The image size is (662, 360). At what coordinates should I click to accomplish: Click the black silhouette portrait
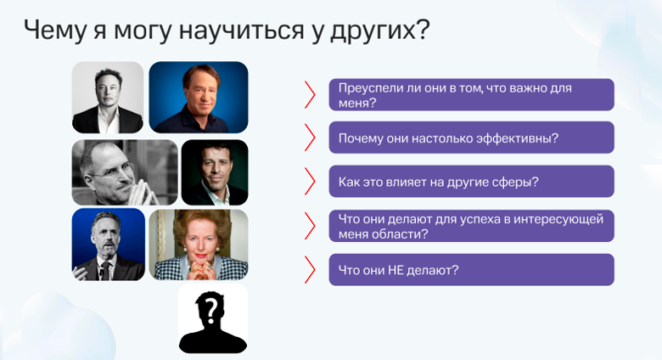212,318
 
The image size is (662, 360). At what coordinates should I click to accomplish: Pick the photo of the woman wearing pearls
199,245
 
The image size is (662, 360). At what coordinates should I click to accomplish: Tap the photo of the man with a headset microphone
108,245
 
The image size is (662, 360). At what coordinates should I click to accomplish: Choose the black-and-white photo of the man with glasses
125,172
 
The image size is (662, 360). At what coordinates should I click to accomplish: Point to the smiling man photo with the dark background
214,172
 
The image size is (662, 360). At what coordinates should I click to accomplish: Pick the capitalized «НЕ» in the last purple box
407,270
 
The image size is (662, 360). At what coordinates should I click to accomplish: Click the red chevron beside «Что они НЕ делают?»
310,270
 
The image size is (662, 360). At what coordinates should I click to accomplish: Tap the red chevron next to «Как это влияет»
310,182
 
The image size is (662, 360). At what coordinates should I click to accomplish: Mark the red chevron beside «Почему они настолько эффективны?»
310,138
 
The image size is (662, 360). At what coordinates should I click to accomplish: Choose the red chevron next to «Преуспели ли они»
310,95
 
